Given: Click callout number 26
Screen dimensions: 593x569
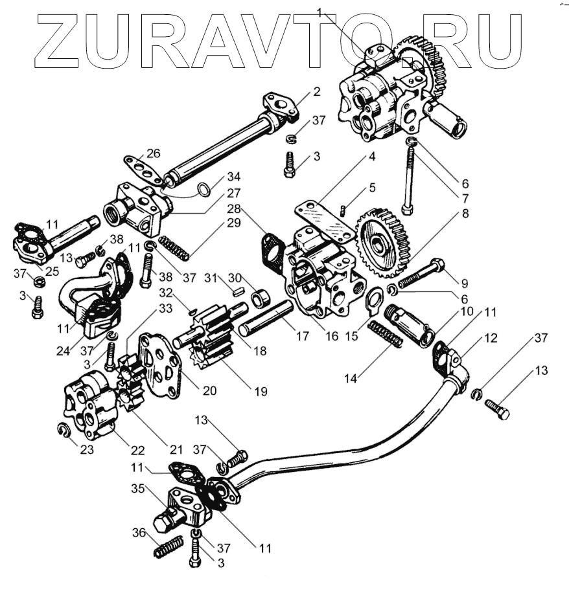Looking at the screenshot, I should (153, 154).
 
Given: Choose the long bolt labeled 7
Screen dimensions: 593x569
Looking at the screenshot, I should (408, 178).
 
